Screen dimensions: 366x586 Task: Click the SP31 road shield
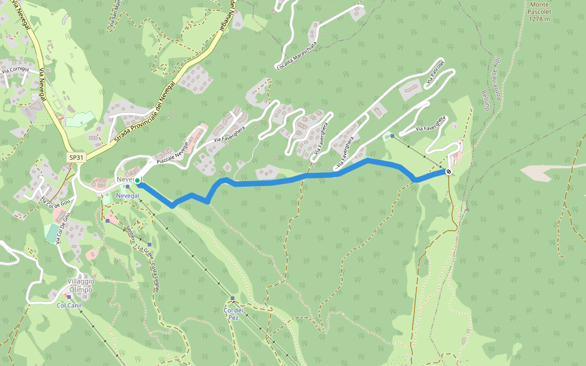pos(76,157)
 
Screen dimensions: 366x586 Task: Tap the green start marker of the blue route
pos(138,181)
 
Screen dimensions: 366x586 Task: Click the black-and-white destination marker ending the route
pos(449,172)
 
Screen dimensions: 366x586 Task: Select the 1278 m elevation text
pos(540,19)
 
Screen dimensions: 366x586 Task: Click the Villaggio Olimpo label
pos(80,285)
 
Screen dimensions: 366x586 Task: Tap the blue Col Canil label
pos(69,305)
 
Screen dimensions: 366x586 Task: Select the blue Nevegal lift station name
pos(128,195)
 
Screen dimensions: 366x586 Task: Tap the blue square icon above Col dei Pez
pos(233,298)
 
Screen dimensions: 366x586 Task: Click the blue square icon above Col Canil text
pos(69,297)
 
